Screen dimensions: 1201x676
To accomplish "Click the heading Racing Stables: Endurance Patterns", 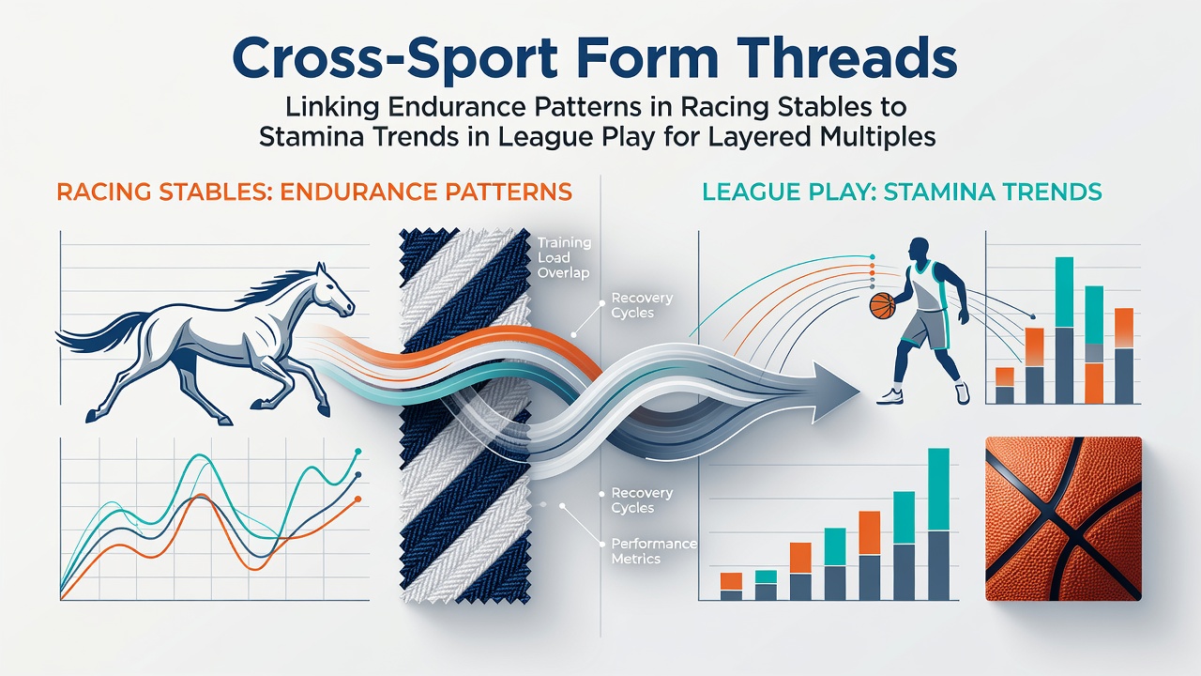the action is point(314,192).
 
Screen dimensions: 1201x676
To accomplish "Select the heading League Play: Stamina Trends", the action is point(902,192).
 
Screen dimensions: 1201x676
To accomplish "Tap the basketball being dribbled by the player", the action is point(882,305).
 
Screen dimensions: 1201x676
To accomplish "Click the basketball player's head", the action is point(919,250).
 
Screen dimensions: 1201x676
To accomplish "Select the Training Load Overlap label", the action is point(564,257).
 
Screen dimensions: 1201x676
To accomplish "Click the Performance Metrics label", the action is point(654,551).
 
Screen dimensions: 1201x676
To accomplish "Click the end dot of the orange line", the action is point(357,499).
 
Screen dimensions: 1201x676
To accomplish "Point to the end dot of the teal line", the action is point(358,452).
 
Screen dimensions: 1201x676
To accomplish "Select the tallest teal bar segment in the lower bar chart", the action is point(938,490).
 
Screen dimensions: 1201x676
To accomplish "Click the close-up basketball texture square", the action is point(1063,518).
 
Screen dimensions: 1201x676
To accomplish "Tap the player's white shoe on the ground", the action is point(890,396).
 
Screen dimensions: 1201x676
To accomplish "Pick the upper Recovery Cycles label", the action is point(642,305).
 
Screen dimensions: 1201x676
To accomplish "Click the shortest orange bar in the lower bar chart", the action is point(731,581).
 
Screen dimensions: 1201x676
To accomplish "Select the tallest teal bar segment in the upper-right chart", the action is point(1064,292).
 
